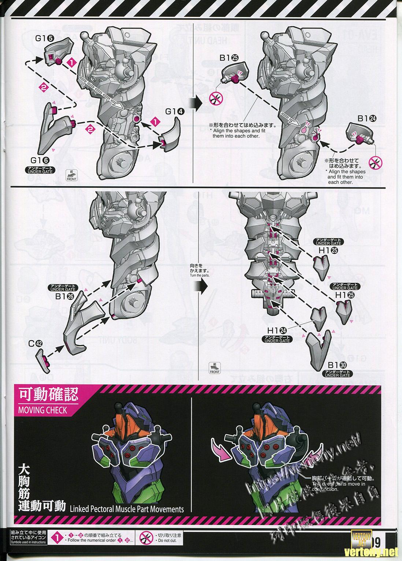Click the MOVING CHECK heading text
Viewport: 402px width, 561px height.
[43, 410]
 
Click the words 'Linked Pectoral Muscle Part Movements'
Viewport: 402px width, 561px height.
[127, 509]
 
